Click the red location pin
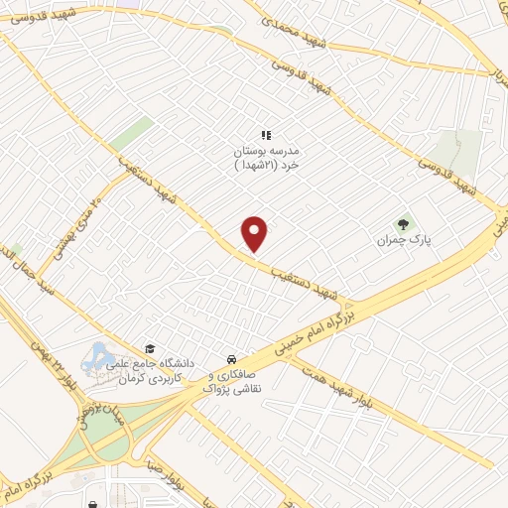[x=255, y=233]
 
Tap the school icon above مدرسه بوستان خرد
[x=265, y=134]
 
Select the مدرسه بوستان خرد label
[x=265, y=158]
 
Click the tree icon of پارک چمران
[x=403, y=223]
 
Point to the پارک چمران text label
[x=399, y=240]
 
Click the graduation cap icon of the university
[x=150, y=348]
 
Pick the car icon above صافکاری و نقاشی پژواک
[x=230, y=357]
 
